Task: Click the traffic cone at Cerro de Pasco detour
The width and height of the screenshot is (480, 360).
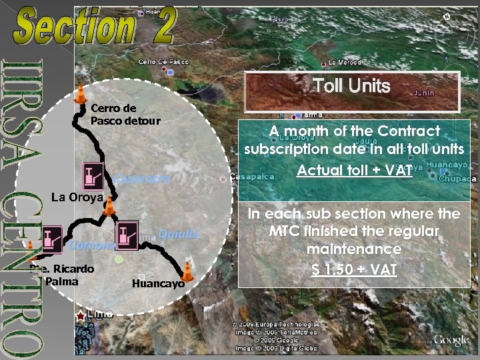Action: (81, 95)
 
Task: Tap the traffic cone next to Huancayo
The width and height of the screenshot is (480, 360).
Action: (188, 271)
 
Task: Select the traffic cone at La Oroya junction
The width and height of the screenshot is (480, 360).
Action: (109, 206)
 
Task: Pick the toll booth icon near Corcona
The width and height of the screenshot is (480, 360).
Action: (53, 239)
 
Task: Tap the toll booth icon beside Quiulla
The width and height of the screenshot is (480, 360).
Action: (126, 235)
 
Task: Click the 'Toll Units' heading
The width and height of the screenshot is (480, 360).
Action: (351, 86)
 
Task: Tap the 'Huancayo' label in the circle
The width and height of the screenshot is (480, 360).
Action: (158, 283)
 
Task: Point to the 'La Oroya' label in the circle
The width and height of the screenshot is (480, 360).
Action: (77, 197)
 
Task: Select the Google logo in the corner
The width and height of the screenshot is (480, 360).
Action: (451, 341)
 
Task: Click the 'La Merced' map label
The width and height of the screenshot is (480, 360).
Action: (345, 63)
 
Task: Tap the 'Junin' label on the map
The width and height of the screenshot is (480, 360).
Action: (424, 93)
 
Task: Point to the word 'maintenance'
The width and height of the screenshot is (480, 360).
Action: (354, 249)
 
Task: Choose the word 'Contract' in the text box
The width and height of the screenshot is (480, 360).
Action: (407, 131)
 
